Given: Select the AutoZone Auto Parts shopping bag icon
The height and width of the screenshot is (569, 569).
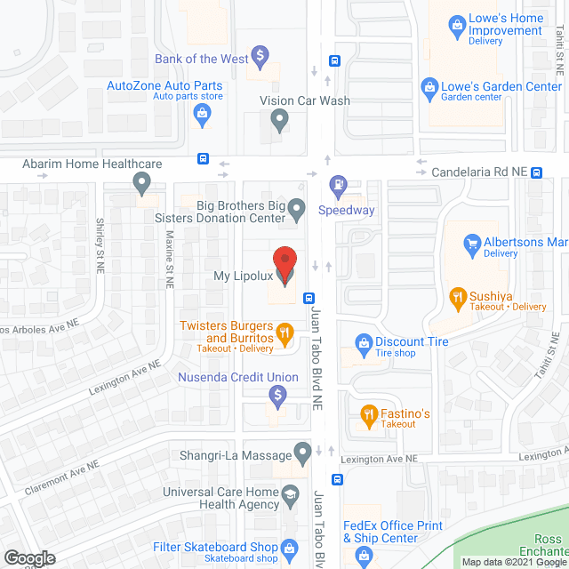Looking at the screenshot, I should point(203,113).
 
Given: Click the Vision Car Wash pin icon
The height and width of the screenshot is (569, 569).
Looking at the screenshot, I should point(280,120).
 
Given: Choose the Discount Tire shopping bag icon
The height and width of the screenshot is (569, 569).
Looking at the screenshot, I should point(363,342).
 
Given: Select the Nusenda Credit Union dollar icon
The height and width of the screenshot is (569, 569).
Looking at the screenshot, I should point(277,394).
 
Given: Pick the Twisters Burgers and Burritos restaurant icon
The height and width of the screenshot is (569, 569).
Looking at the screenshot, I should point(284,334).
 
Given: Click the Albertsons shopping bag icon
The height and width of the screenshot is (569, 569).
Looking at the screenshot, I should point(471,241).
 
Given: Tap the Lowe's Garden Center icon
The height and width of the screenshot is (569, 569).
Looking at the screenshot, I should point(429,87).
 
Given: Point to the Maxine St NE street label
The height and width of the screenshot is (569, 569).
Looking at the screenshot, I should point(169,260).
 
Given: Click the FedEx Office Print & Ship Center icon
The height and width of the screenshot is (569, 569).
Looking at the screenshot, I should point(363,556).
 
